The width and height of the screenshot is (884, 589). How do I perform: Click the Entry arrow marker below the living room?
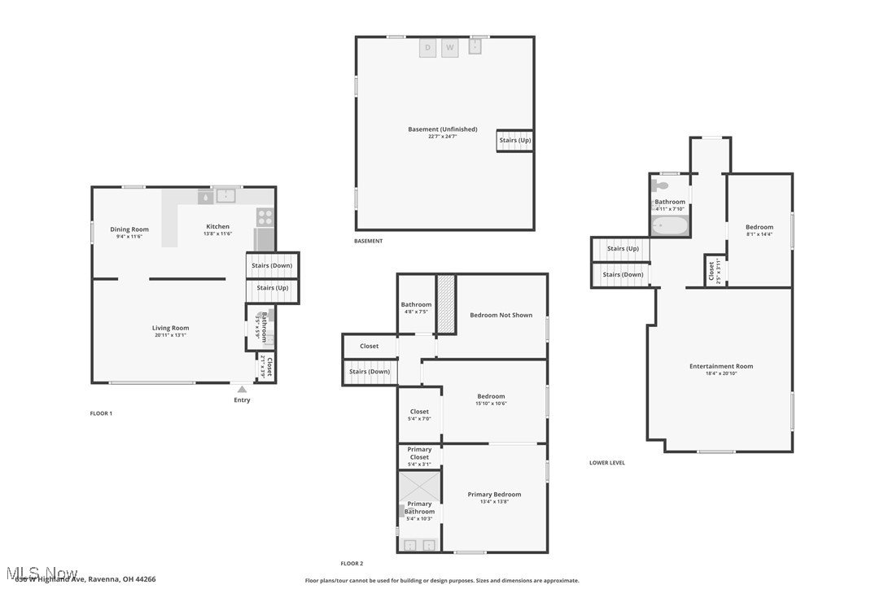pyautogui.click(x=242, y=390)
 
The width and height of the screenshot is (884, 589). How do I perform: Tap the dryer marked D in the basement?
pyautogui.click(x=428, y=48)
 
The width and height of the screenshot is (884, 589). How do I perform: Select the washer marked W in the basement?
pyautogui.click(x=450, y=48)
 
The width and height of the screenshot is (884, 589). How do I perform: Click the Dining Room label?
pyautogui.click(x=129, y=229)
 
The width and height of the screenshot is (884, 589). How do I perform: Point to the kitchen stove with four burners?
pyautogui.click(x=265, y=217)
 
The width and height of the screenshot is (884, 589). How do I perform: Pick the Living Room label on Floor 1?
pyautogui.click(x=170, y=328)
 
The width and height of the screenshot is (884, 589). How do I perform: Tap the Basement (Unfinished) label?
pyautogui.click(x=443, y=129)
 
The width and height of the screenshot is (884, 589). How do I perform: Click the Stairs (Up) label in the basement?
pyautogui.click(x=515, y=141)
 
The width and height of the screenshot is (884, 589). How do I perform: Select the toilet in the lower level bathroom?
pyautogui.click(x=660, y=185)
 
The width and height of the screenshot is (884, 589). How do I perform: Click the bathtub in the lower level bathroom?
pyautogui.click(x=670, y=225)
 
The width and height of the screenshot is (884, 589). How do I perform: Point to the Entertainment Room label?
pyautogui.click(x=721, y=366)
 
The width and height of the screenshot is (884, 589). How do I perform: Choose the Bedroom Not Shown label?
pyautogui.click(x=501, y=315)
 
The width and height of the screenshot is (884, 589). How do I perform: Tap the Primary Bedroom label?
pyautogui.click(x=494, y=494)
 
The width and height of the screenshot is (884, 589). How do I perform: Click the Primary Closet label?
pyautogui.click(x=419, y=453)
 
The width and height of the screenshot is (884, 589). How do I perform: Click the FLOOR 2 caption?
pyautogui.click(x=352, y=563)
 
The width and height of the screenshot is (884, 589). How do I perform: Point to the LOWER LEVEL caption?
pyautogui.click(x=607, y=463)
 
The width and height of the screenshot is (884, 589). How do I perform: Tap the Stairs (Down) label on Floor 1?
pyautogui.click(x=272, y=265)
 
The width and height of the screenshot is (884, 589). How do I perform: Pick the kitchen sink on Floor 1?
pyautogui.click(x=225, y=196)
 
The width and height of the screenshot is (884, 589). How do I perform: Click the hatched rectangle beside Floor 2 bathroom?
pyautogui.click(x=446, y=304)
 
